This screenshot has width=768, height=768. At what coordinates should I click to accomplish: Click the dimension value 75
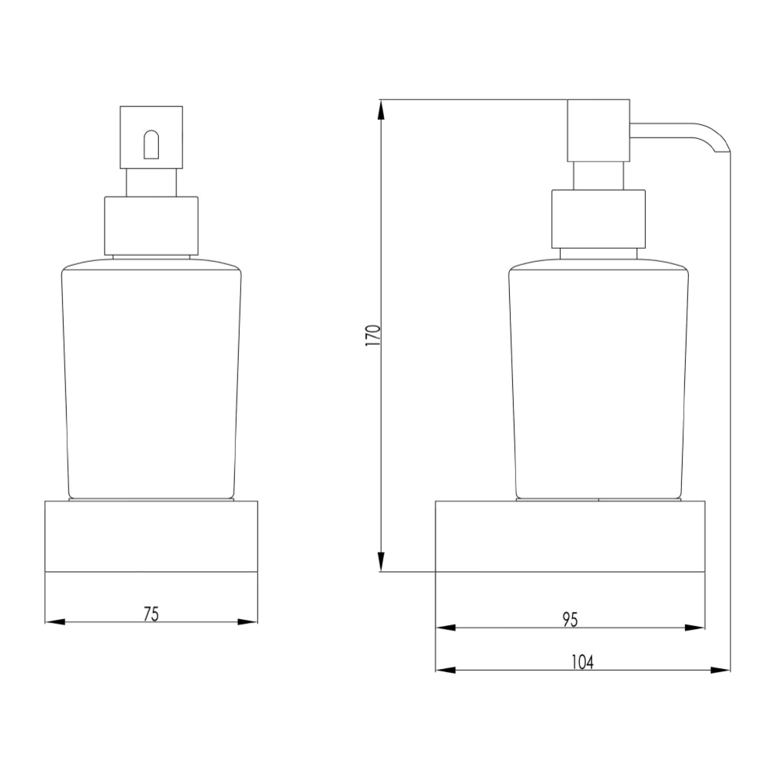(x=151, y=614)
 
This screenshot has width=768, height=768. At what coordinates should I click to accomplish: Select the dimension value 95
(x=569, y=619)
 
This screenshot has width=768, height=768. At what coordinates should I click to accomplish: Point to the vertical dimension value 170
(x=372, y=336)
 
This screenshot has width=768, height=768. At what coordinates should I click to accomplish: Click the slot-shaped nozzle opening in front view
(x=151, y=145)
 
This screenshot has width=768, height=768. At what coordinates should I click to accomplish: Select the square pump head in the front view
(x=151, y=137)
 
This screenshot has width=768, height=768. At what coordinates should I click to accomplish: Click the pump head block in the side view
(x=598, y=131)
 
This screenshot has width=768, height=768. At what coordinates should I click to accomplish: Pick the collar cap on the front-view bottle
(x=151, y=226)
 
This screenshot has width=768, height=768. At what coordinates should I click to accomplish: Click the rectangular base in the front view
(x=151, y=536)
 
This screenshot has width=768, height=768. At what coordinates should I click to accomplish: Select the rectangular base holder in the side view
(x=570, y=536)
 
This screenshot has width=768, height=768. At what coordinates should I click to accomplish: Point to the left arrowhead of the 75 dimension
(x=52, y=621)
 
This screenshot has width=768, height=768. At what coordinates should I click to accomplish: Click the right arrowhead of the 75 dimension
(x=250, y=621)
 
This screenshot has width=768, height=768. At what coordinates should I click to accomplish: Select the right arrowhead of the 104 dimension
(x=723, y=670)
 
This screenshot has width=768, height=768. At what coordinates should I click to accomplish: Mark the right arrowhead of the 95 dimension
(x=697, y=627)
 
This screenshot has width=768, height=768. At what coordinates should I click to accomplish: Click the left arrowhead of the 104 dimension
(x=443, y=670)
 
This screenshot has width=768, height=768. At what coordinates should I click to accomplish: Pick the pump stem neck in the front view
(x=151, y=183)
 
